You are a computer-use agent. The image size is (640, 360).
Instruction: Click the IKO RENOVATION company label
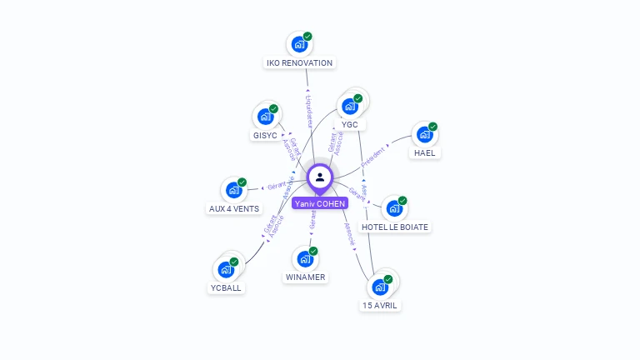[299, 62]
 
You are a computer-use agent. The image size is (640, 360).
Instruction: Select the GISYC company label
[265, 135]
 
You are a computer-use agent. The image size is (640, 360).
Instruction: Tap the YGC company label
[350, 124]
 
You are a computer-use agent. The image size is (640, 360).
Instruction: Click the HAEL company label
[424, 152]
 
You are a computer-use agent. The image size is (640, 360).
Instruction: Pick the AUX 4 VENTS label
[234, 208]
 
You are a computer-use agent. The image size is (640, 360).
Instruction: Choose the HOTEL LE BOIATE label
[396, 227]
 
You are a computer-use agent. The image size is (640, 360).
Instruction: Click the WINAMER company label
[306, 277]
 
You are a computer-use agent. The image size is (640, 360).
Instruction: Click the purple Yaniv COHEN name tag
[320, 203]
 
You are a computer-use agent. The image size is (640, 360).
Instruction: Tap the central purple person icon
[320, 177]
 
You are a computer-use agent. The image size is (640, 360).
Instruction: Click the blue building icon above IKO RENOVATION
[298, 45]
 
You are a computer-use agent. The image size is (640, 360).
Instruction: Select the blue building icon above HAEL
[424, 134]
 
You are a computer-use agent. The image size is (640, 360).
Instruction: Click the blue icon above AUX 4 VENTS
[233, 190]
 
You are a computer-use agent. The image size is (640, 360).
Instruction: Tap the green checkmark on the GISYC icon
[273, 108]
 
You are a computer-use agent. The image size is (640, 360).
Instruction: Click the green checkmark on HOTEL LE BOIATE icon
[402, 201]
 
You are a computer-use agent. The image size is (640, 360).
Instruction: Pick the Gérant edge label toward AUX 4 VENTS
[276, 187]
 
